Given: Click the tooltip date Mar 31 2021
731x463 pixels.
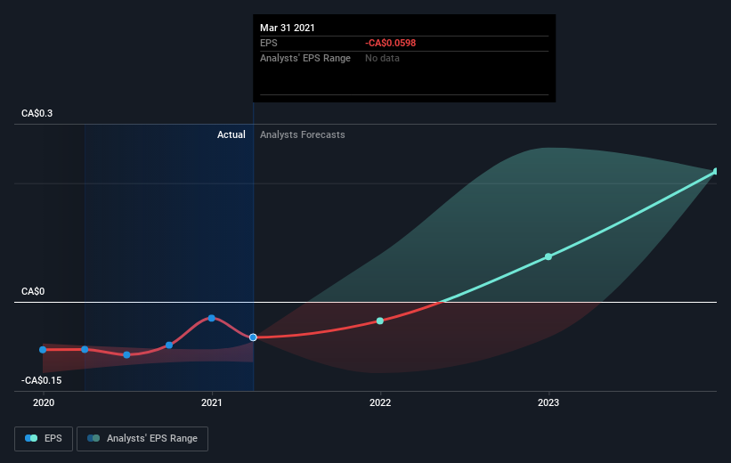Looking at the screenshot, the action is [288, 28].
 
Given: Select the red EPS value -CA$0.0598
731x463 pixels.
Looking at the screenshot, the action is [390, 43].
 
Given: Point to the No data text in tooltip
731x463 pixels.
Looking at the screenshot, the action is [382, 58].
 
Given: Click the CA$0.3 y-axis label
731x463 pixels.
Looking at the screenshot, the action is [37, 113].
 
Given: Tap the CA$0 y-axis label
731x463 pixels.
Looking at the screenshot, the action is [33, 291].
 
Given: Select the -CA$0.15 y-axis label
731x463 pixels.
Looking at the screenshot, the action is [42, 380].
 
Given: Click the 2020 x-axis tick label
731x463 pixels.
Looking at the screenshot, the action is [44, 402].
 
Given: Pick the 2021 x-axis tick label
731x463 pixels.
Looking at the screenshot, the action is [212, 402].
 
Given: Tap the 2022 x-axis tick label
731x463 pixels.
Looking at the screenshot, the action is [380, 402].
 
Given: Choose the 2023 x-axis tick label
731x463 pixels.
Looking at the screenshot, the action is [548, 402].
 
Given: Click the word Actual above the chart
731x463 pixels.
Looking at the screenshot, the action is [231, 134].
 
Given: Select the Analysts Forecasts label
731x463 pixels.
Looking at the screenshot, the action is [303, 134].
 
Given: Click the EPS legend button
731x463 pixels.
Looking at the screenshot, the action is [44, 439].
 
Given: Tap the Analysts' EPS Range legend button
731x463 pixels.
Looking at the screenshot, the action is [142, 439].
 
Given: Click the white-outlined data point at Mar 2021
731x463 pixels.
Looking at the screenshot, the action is [253, 337].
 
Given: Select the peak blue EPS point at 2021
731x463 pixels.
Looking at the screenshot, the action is [212, 318].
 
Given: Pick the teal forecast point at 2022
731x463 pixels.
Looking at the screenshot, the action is [380, 321].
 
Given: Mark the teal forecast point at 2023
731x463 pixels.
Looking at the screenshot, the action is [548, 256].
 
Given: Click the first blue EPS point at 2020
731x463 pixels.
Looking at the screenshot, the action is [43, 350].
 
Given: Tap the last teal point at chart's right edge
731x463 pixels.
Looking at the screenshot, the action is [716, 172].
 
